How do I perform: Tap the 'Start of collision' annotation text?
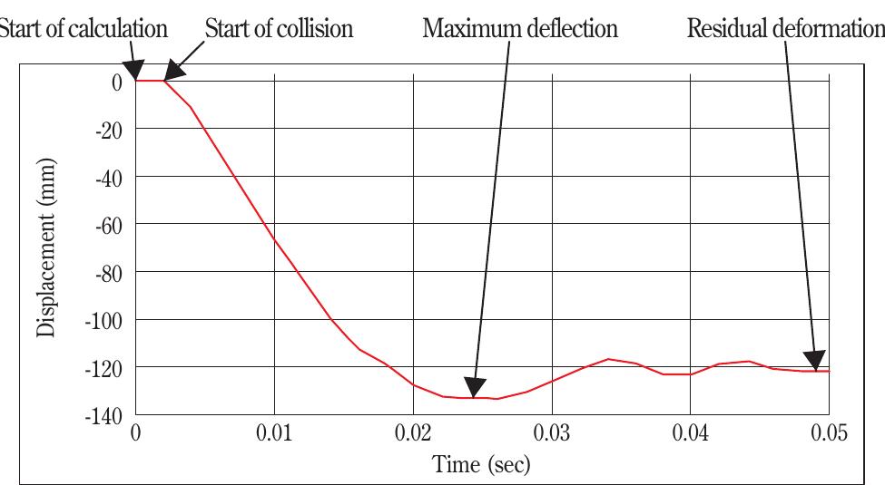coord(279,28)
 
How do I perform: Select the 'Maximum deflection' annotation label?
coord(520,28)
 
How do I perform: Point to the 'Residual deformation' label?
coord(784,28)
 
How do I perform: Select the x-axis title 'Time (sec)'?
coord(482,465)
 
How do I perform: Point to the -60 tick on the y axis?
coord(108,224)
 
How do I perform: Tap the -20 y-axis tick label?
coord(108,129)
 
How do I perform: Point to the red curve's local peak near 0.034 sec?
coord(607,359)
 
